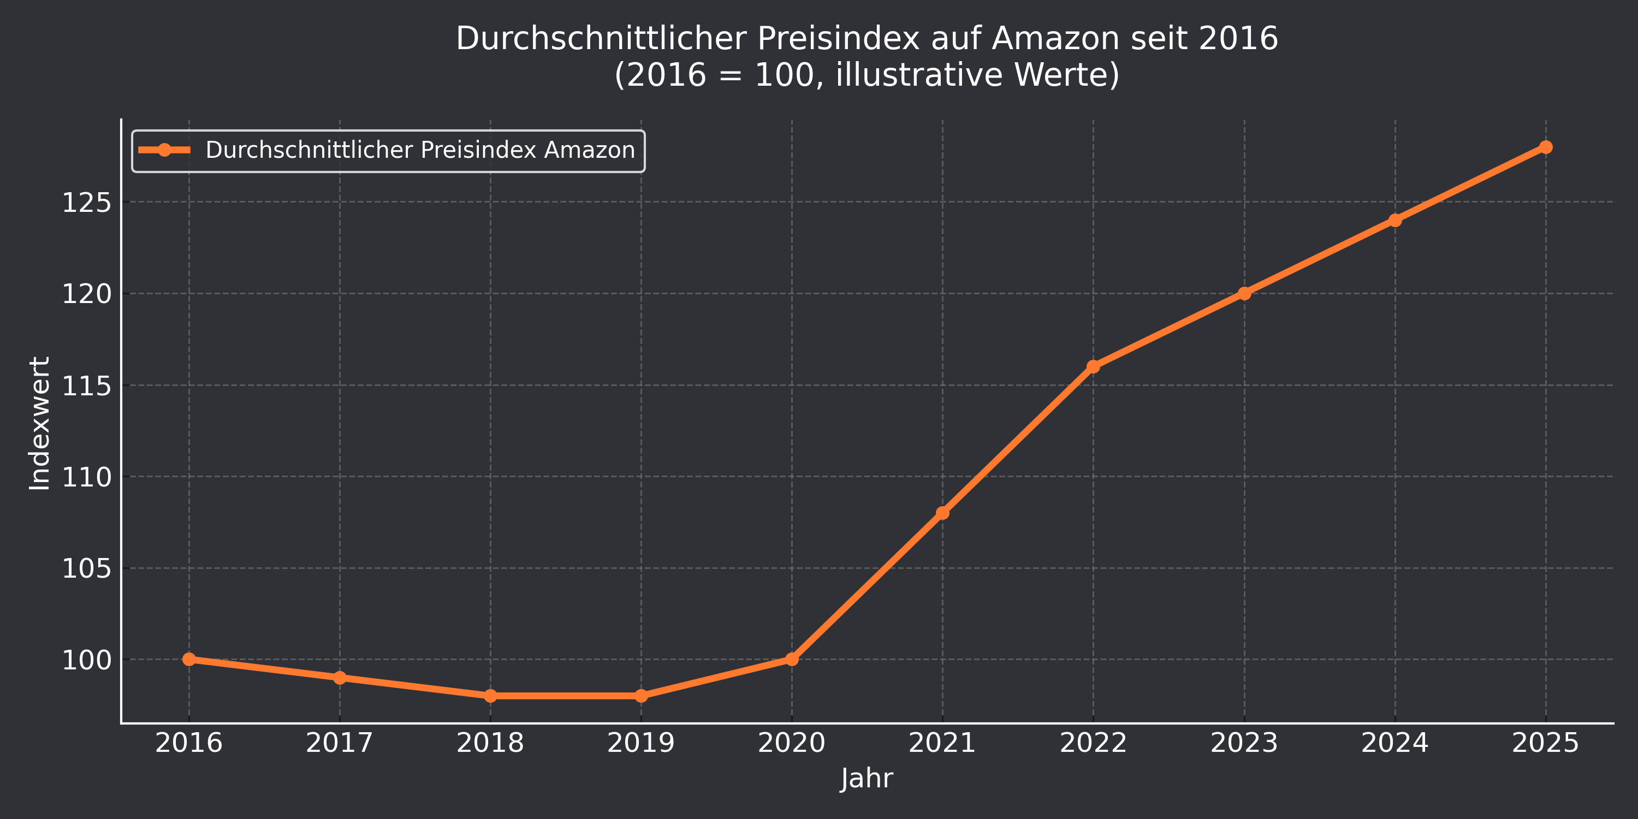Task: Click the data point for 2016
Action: point(189,660)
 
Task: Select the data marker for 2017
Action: point(340,678)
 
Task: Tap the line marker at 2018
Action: point(490,696)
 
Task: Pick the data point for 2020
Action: point(792,660)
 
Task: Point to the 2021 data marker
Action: point(942,513)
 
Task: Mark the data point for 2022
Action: point(1093,366)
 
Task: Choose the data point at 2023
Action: point(1244,293)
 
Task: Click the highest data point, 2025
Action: point(1546,147)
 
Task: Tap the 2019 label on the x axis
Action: point(641,743)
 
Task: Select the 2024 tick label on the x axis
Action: point(1394,743)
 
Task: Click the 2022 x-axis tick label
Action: point(1093,743)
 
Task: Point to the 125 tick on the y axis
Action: point(86,203)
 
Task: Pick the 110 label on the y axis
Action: point(86,478)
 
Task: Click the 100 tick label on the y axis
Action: point(86,661)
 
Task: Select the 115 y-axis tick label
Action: point(86,386)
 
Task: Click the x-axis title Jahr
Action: point(867,778)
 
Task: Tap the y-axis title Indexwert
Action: point(40,423)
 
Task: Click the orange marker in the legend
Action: point(164,150)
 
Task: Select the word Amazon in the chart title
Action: point(1055,38)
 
